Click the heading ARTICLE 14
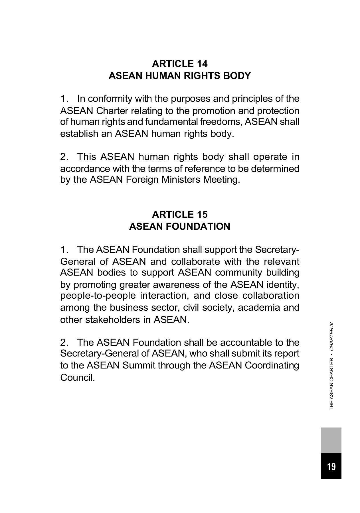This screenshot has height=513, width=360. pos(180,63)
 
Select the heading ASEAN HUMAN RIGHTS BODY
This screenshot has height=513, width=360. pos(180,76)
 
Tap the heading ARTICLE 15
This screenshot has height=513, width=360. pos(180,214)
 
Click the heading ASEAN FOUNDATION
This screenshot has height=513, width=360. pos(180,226)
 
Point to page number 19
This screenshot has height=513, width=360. pos(331,467)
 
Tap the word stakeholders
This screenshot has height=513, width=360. pos(113,320)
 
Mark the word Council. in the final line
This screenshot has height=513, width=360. pos(77,378)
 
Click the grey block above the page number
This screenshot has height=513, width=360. pos(331,440)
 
